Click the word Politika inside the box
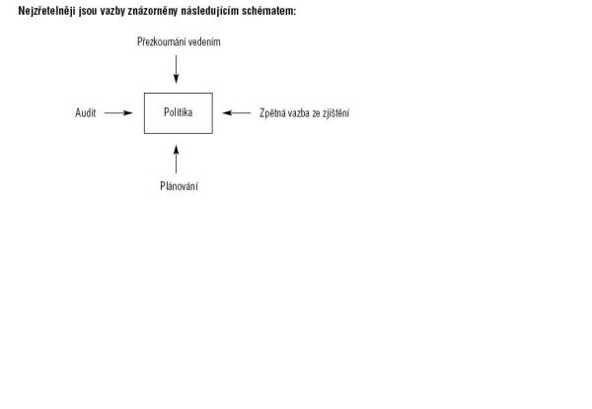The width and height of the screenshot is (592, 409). coord(179,112)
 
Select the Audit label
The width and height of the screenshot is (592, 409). coord(86,112)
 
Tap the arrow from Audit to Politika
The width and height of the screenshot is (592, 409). coord(118,112)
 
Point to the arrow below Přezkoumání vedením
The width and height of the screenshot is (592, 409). coord(176,69)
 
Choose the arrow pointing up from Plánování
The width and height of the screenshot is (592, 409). coord(176,160)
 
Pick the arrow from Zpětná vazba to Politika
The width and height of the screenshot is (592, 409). coord(237,112)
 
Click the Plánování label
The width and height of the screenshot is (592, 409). coord(179,186)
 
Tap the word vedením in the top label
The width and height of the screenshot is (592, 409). coord(204,41)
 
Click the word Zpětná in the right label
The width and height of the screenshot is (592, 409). coord(272,113)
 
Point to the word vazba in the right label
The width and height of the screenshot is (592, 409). coord(299,113)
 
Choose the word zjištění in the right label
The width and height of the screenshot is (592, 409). coord(336,113)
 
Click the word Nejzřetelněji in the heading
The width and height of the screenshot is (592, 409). coord(46,11)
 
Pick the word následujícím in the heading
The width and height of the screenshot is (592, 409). coord(210,11)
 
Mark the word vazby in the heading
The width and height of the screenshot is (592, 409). coord(112,11)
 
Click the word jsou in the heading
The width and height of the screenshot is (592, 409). coord(88,11)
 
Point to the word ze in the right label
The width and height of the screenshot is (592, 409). coord(316,114)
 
